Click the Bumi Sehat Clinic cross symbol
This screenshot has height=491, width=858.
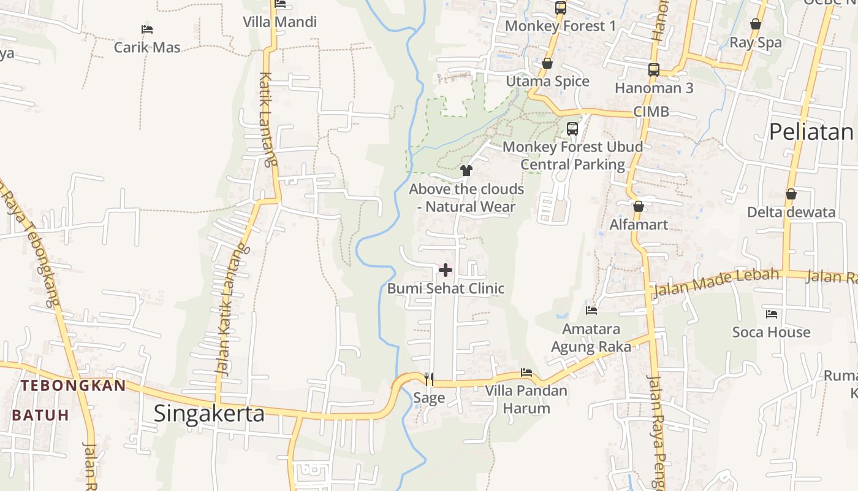click(x=446, y=269)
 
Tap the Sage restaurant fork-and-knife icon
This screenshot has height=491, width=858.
click(x=429, y=379)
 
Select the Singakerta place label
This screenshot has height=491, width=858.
click(x=209, y=413)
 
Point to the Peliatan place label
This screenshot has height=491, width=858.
click(x=810, y=131)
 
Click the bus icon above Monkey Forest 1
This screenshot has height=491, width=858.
click(x=561, y=8)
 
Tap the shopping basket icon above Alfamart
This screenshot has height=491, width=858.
click(x=639, y=206)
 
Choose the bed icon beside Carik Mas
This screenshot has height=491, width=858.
click(x=146, y=29)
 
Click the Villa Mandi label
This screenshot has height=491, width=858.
click(x=279, y=22)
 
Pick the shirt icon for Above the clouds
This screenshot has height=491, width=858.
click(x=466, y=170)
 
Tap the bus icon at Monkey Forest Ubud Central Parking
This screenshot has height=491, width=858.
click(x=572, y=129)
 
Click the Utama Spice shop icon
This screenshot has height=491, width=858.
click(x=547, y=63)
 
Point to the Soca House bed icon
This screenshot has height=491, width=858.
click(x=772, y=314)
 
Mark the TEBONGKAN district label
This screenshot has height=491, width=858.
click(x=73, y=385)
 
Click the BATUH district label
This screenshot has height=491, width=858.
click(x=40, y=415)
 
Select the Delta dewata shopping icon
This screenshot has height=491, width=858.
click(x=791, y=194)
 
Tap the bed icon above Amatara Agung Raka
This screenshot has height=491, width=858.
click(x=591, y=311)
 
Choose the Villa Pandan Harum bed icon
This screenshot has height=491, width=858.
click(x=526, y=372)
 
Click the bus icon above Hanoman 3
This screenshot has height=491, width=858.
click(x=654, y=70)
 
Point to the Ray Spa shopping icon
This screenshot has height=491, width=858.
click(x=756, y=24)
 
